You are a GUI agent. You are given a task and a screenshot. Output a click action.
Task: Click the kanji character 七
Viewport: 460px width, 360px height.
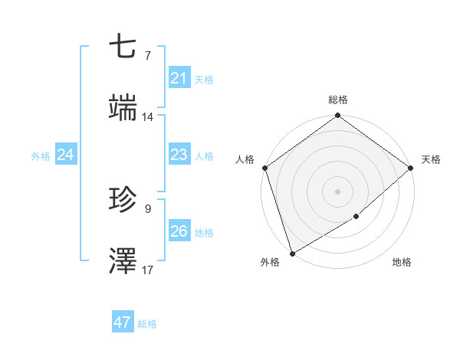(123, 47)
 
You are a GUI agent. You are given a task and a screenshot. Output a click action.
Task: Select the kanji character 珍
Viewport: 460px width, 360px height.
(123, 201)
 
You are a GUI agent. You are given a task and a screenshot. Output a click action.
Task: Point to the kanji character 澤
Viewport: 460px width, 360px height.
(123, 260)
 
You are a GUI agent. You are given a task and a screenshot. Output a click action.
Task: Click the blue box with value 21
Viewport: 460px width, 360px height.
(179, 77)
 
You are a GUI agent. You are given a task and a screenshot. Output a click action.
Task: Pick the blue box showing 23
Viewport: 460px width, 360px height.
(179, 155)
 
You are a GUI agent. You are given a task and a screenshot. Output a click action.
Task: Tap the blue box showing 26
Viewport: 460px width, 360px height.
(179, 231)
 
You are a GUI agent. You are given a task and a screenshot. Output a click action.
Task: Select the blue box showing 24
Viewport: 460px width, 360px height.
(65, 155)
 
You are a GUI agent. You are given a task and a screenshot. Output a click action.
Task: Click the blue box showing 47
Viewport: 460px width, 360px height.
(122, 322)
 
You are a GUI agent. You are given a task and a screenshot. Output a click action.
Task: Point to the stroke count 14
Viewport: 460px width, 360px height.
(148, 117)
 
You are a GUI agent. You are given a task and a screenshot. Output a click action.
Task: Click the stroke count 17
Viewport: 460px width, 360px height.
(148, 270)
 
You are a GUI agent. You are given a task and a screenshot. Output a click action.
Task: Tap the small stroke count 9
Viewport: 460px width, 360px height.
(147, 208)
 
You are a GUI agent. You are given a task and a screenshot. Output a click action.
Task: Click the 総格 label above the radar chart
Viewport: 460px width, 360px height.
(338, 100)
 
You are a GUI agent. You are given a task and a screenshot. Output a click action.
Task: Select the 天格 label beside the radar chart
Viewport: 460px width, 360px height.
(431, 159)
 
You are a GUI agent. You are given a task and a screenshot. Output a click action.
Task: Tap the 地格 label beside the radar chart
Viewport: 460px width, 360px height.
(402, 263)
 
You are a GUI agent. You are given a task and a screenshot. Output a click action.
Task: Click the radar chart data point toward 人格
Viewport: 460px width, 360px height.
(264, 168)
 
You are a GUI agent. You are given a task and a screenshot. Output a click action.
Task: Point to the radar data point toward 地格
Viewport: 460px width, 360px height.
(356, 217)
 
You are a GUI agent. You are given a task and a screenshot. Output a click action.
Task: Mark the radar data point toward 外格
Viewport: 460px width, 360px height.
(292, 252)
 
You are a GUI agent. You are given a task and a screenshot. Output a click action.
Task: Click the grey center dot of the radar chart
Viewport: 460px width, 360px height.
(337, 191)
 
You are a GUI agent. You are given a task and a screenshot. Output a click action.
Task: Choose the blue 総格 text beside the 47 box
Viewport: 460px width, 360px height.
(147, 324)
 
